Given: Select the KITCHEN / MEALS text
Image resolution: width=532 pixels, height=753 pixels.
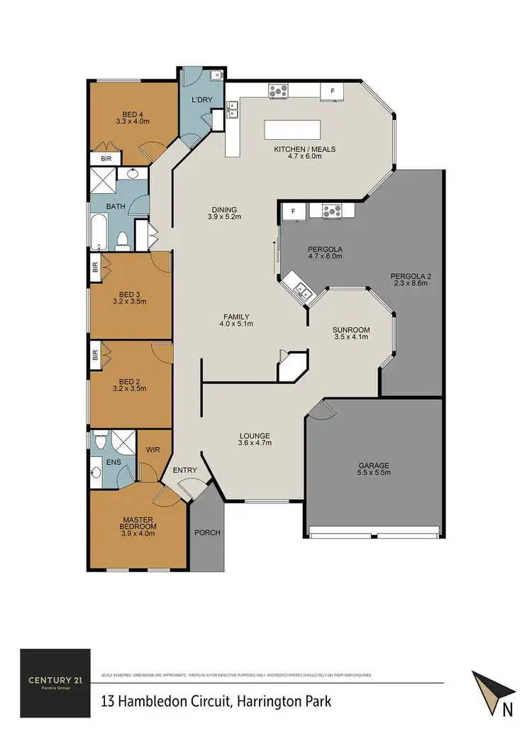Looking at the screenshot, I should (304, 149).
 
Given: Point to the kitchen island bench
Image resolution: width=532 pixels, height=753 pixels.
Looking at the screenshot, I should (292, 131).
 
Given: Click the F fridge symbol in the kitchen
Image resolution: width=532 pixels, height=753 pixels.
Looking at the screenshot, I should (331, 92).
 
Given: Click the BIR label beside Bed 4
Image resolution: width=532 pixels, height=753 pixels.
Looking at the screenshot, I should (106, 159).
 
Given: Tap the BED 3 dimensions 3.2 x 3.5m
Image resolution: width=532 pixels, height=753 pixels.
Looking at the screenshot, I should (131, 301).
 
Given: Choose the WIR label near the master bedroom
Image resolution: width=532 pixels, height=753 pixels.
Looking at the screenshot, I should (153, 449).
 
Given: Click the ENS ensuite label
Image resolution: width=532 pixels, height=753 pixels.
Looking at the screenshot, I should (113, 462).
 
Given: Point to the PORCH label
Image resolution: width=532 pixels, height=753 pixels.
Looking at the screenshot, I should (207, 533).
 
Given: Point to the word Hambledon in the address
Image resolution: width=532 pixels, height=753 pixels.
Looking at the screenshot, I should (154, 702).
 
